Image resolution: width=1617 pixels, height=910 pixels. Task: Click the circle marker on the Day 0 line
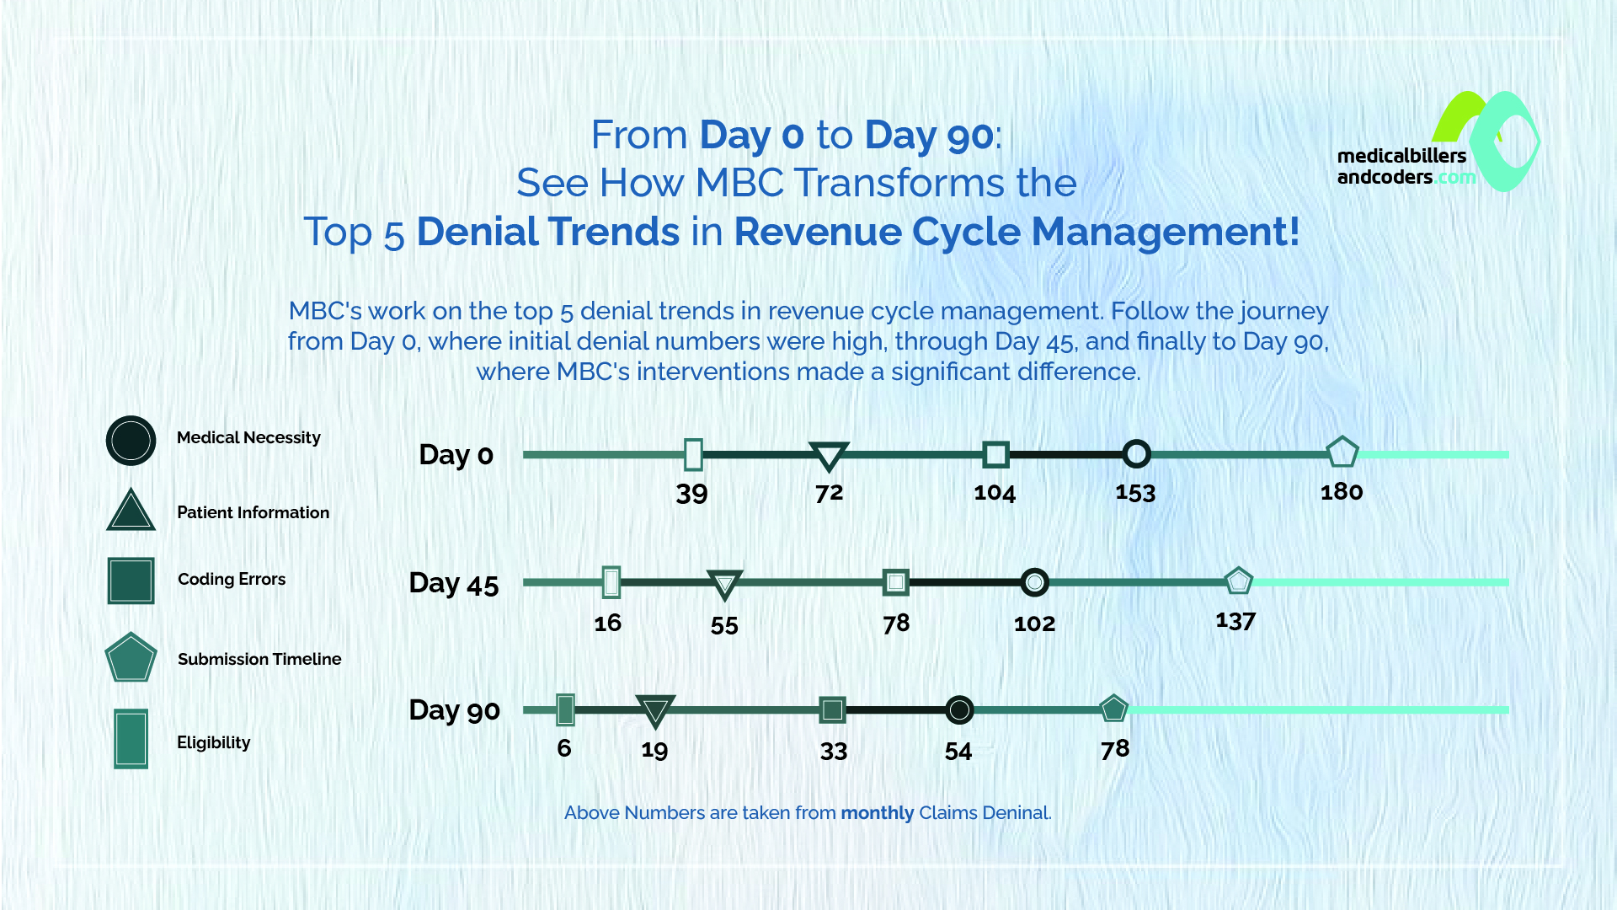coord(1136,454)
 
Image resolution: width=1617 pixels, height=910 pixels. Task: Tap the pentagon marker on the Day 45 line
coord(1238,581)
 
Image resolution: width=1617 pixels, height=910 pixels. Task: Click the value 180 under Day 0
coord(1341,492)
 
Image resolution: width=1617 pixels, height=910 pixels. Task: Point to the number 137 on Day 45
coord(1235,622)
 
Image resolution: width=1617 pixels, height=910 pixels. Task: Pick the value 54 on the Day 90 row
coord(958,752)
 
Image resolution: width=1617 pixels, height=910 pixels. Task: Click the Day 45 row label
coord(454,583)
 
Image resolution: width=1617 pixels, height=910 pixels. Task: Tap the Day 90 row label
coord(454,710)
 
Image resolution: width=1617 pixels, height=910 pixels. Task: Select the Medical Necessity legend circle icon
coord(131,441)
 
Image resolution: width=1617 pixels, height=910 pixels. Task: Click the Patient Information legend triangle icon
coord(131,511)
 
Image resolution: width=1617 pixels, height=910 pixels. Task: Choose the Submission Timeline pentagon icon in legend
coord(131,658)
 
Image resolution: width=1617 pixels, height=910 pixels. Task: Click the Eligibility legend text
coord(213,742)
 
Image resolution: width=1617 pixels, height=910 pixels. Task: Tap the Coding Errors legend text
coord(232,579)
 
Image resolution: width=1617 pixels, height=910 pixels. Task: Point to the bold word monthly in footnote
coord(877,813)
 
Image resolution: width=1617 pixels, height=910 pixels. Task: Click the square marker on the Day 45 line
coord(896,581)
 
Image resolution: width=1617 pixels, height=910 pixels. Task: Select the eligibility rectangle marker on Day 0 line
coord(693,454)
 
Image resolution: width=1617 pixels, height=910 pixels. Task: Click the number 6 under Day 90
coord(564,748)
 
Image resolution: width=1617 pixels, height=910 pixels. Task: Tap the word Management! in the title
coord(1166,232)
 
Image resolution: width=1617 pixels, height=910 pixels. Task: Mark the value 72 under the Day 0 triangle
coord(829,493)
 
